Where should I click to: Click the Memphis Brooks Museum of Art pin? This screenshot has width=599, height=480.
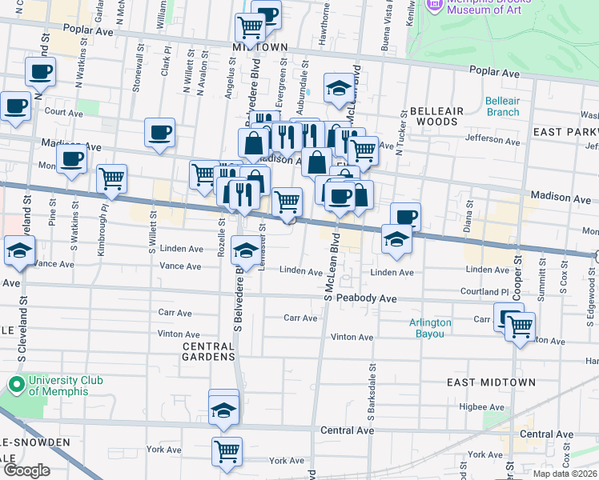point(435,4)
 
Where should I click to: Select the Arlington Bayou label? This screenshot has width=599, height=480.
point(431,328)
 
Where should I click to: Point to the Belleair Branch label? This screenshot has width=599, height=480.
point(502,106)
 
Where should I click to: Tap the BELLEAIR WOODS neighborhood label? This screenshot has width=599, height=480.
point(432,116)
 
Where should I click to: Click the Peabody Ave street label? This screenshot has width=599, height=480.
point(366,298)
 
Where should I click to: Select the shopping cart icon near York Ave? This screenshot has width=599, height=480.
point(227,450)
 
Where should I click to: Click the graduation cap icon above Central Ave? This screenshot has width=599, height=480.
point(224,410)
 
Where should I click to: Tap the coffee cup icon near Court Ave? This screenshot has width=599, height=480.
point(15,106)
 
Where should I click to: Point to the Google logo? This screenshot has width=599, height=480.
point(26,470)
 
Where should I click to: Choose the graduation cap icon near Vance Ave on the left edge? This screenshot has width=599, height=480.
point(20,250)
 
